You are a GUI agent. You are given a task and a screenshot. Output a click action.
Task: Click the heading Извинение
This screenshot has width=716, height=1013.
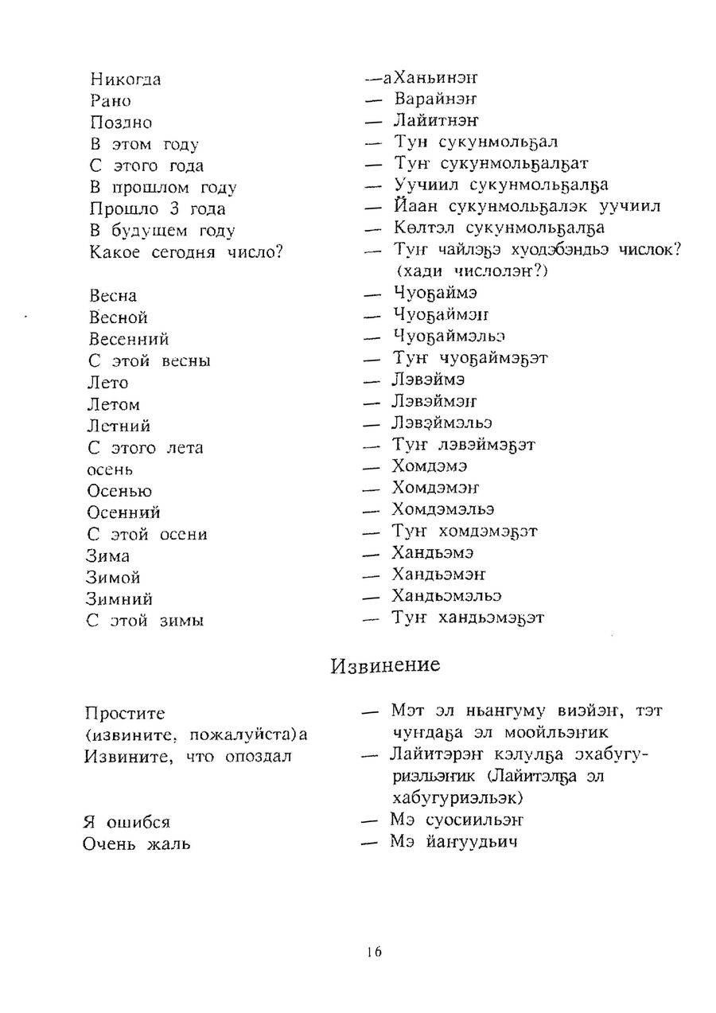(x=385, y=665)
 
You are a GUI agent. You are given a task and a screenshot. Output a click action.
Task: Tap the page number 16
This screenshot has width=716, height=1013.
(x=375, y=952)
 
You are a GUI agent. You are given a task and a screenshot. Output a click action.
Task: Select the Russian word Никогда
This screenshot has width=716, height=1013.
(x=126, y=80)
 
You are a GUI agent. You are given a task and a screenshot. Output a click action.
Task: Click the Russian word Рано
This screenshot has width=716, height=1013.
(x=111, y=101)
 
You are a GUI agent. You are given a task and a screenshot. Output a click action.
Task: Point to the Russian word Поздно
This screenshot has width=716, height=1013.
(x=121, y=123)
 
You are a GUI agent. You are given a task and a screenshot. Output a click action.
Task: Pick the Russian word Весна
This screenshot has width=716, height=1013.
(x=113, y=296)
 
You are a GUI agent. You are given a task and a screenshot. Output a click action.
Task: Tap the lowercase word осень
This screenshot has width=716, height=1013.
(x=111, y=469)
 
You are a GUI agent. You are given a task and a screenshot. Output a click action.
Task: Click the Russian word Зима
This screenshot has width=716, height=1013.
(x=108, y=556)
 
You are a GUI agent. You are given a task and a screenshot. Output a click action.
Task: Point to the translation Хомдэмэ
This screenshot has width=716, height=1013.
(x=430, y=466)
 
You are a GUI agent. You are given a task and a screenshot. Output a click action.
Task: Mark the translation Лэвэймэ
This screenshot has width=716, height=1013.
(x=429, y=380)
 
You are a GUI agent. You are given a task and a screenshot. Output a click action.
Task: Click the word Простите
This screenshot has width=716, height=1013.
(x=125, y=714)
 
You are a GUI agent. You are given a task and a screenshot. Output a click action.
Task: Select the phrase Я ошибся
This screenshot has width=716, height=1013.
(x=126, y=822)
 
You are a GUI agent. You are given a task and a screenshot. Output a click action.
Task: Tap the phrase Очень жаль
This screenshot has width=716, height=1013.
(x=136, y=844)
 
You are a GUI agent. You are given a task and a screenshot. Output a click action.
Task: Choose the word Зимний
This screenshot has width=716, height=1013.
(x=119, y=599)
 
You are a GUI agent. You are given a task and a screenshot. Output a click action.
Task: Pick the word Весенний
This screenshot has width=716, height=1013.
(x=129, y=339)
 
